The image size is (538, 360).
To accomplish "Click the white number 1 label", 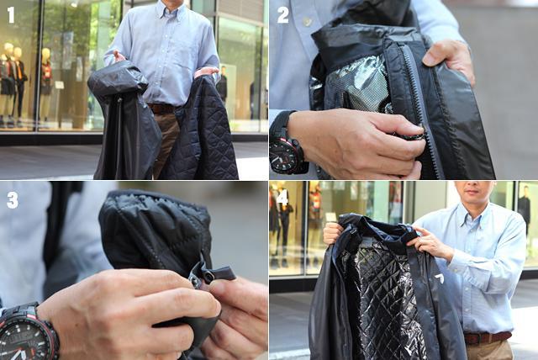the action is tap(11, 15).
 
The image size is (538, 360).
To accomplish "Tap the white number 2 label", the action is tap(282, 15).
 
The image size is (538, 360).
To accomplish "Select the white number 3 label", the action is tap(13, 200).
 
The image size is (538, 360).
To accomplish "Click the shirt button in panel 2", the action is tap(307, 21).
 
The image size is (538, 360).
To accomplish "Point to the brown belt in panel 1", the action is tap(162, 109).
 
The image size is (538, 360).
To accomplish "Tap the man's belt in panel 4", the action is tap(488, 337).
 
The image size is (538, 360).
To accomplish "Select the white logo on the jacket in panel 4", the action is tap(440, 278).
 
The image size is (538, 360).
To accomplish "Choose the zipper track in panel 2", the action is tap(421, 110).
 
